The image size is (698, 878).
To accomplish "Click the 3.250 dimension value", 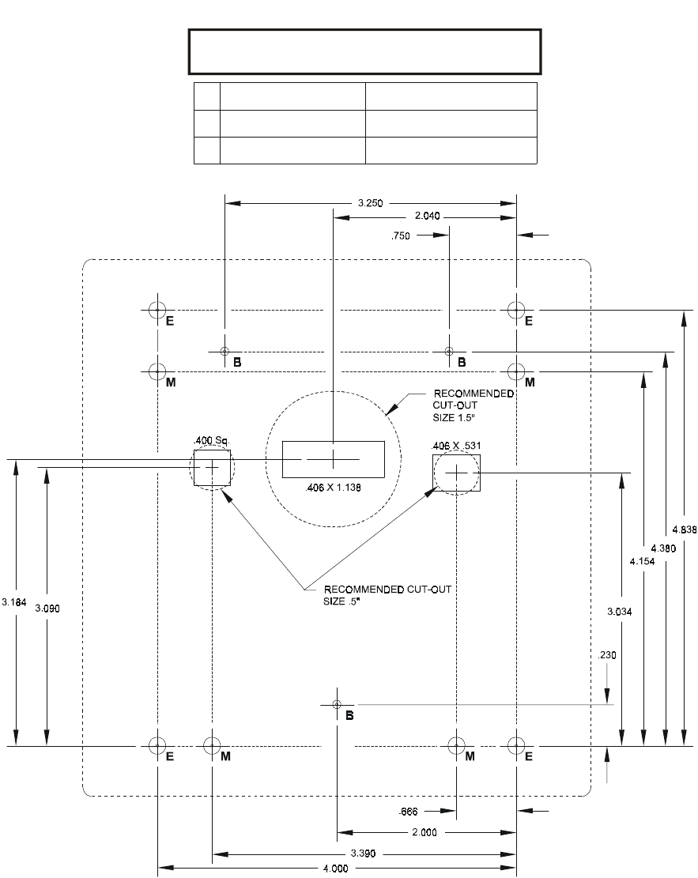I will coord(370,203).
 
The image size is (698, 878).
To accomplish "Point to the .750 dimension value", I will coord(402,235).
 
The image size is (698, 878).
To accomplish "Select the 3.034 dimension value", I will coord(620,611).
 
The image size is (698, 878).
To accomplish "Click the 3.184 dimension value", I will coord(14,602).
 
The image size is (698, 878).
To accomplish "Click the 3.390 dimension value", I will coord(364,854).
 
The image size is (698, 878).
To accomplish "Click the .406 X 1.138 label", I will coord(333,488).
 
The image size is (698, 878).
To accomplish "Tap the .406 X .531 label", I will coord(457,447).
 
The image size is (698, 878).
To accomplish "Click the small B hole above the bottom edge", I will coord(337,704).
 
